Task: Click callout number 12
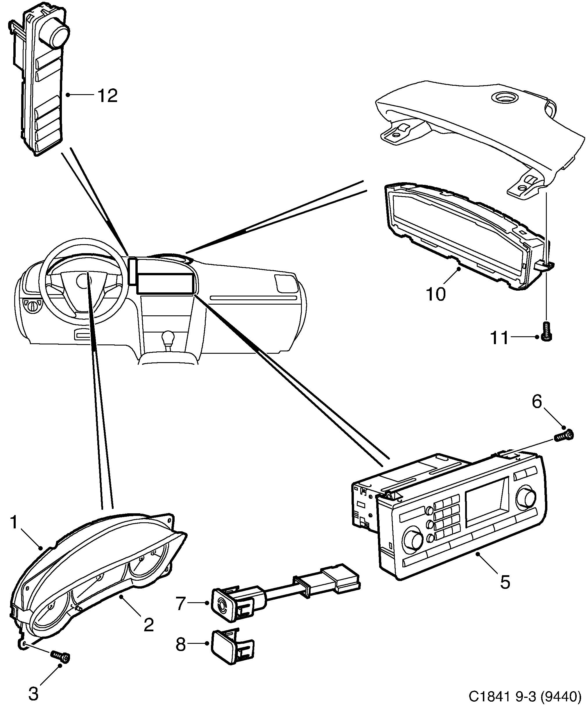pyautogui.click(x=107, y=96)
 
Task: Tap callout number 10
pyautogui.click(x=436, y=294)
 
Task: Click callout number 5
pyautogui.click(x=505, y=582)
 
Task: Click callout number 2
pyautogui.click(x=148, y=625)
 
